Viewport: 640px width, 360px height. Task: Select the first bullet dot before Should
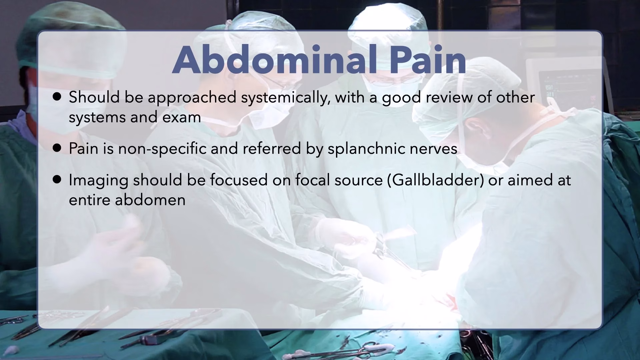tap(57, 97)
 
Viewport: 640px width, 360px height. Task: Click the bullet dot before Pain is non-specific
tap(57, 148)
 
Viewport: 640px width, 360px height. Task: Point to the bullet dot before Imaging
tap(57, 180)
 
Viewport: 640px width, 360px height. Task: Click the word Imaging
tap(99, 181)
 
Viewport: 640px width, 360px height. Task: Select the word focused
tap(239, 180)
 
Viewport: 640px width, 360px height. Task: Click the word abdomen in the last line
tap(150, 200)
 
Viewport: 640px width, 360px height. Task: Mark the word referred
tap(272, 148)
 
